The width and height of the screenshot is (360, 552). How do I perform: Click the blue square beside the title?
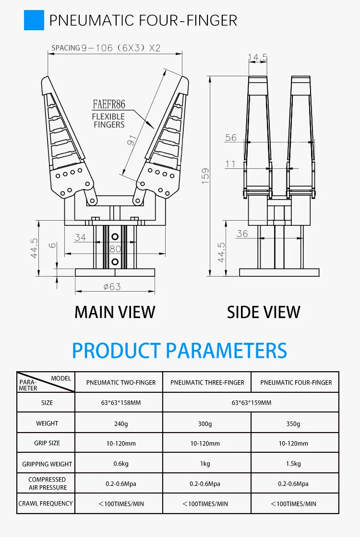click(x=34, y=20)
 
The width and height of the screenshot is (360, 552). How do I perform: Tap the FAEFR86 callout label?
click(x=109, y=105)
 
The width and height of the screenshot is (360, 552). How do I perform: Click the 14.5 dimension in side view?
click(x=258, y=58)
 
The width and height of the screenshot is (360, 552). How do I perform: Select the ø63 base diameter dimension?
click(x=112, y=287)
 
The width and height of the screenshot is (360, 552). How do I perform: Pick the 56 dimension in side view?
click(x=231, y=138)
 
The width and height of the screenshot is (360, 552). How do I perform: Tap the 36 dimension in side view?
click(x=242, y=234)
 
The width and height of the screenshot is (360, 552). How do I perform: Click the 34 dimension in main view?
click(x=80, y=237)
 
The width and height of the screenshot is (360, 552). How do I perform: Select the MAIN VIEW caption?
click(x=115, y=312)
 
